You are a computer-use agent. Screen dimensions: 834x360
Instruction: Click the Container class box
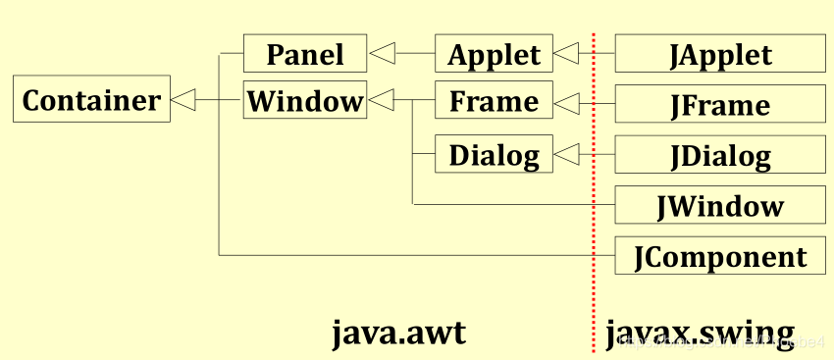point(91,99)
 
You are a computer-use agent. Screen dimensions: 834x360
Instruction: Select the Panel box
point(305,53)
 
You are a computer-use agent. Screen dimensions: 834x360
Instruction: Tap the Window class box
point(305,99)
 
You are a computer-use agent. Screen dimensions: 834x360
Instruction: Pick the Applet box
point(494,53)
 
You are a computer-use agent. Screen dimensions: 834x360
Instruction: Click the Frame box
point(494,99)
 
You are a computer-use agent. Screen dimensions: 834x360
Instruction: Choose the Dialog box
point(494,154)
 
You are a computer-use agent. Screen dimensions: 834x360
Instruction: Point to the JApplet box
point(720,53)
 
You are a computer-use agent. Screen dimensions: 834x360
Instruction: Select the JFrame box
point(720,104)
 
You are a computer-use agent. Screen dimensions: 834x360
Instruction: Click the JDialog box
point(720,154)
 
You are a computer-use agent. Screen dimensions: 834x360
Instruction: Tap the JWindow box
point(720,205)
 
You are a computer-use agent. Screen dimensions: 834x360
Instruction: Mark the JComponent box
point(720,256)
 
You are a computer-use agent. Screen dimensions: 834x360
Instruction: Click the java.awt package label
point(399,334)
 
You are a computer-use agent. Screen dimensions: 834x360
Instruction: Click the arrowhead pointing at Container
point(182,99)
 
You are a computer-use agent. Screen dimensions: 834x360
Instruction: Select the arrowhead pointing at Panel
point(382,53)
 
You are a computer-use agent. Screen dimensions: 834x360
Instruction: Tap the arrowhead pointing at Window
point(382,99)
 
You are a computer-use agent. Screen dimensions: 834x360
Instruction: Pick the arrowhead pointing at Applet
point(566,53)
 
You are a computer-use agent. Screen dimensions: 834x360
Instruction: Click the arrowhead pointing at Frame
point(566,103)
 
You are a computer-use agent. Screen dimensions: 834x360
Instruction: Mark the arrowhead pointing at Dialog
point(566,155)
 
